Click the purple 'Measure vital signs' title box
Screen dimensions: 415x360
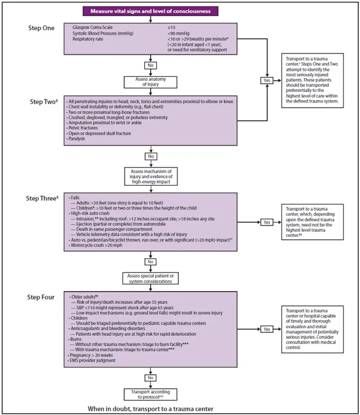(x=150, y=11)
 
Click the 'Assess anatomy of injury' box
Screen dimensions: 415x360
(x=150, y=81)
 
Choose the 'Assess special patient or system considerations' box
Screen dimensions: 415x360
(x=150, y=278)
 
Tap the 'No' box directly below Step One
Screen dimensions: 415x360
(x=150, y=65)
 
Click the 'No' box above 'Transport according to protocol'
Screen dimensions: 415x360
(x=150, y=377)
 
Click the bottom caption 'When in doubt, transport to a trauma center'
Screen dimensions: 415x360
(x=150, y=409)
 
